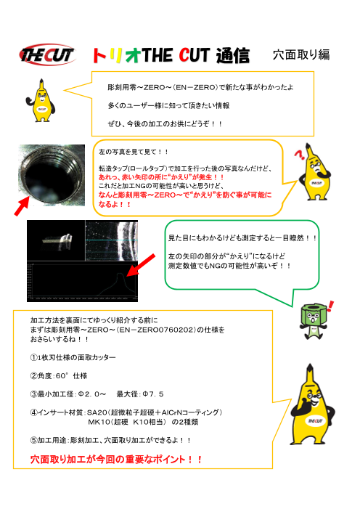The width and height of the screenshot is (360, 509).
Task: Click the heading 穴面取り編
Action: (301, 54)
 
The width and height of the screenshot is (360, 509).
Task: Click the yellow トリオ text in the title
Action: (115, 55)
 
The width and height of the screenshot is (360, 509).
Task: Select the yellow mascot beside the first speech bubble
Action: (45, 99)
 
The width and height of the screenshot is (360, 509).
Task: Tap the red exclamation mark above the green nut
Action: (331, 304)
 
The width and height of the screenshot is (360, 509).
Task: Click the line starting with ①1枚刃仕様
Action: (73, 358)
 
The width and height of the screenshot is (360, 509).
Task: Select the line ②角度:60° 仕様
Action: (59, 375)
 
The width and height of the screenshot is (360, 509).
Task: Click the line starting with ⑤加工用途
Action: (110, 440)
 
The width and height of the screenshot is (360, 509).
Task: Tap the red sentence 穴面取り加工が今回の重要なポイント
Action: (116, 459)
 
